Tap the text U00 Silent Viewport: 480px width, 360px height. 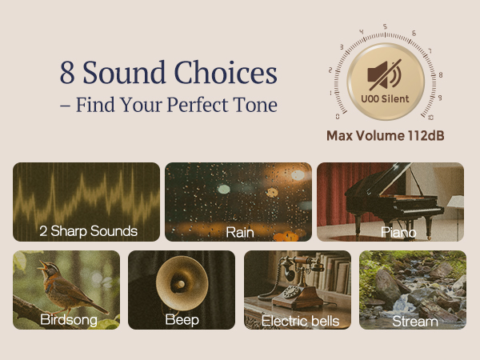[x=385, y=99]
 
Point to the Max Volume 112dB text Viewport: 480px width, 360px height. [x=385, y=135]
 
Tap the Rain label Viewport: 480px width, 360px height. [x=239, y=231]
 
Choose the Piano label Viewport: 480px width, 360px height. [x=398, y=231]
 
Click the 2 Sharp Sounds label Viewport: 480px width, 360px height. [x=88, y=231]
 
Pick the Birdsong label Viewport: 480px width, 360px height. [x=69, y=320]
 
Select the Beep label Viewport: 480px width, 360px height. [x=182, y=320]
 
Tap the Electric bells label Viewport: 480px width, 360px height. [x=300, y=321]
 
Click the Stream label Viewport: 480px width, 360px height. [x=414, y=321]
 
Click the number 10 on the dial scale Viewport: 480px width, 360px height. [x=431, y=117]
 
